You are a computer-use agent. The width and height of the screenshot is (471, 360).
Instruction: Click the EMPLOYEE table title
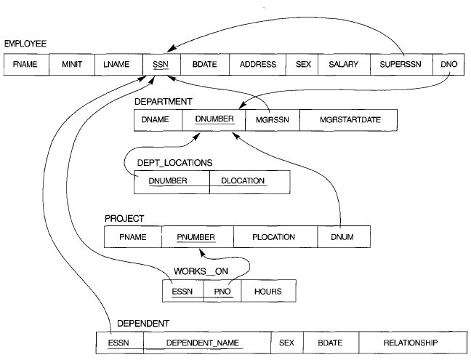[25, 44]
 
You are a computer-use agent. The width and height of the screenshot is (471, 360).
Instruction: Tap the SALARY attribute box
[344, 65]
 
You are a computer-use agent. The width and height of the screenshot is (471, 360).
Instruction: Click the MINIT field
[72, 65]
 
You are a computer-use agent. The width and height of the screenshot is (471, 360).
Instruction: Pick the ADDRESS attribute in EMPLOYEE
[258, 65]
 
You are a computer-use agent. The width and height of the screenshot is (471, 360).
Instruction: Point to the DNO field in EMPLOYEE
[448, 65]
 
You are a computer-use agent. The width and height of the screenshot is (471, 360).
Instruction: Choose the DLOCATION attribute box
[249, 181]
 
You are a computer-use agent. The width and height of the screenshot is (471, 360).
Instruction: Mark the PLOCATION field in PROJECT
[275, 237]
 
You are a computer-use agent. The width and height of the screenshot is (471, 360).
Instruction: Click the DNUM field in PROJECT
[343, 237]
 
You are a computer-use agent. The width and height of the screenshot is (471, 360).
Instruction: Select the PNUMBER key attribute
[197, 237]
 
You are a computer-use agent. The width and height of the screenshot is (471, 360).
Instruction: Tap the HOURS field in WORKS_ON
[267, 291]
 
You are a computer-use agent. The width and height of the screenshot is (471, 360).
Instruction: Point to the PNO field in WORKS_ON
[221, 291]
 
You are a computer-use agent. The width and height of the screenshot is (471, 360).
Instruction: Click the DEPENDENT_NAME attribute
[206, 342]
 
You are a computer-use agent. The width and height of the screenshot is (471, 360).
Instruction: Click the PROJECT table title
[126, 217]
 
